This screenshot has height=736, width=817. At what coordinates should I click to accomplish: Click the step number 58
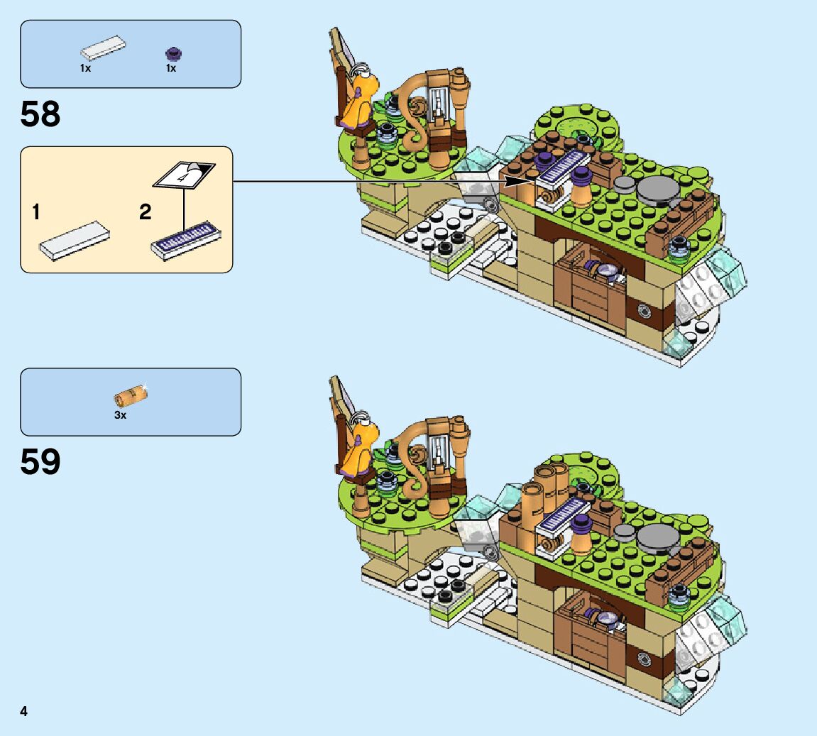[40, 114]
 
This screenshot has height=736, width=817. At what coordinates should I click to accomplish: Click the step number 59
[40, 462]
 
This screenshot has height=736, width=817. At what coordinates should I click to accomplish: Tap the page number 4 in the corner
[24, 711]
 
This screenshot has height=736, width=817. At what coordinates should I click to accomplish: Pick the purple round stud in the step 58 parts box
[172, 52]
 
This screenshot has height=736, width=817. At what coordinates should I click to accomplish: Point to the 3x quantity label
[121, 415]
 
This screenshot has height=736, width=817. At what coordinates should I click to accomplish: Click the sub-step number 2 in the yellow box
[146, 212]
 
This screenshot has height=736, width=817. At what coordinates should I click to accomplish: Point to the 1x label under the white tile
[85, 68]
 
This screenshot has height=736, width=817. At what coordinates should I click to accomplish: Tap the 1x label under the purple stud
[171, 68]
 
